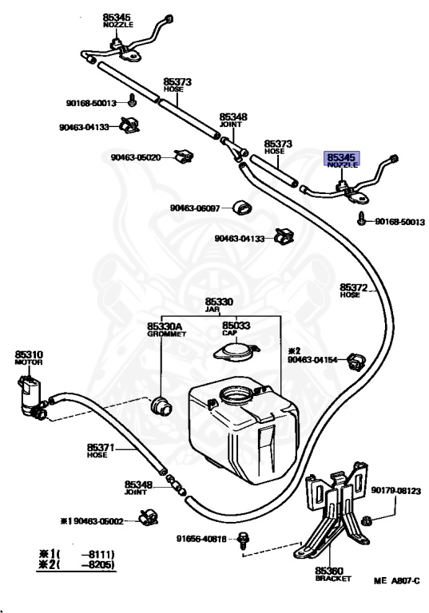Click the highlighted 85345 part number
(x=340, y=157)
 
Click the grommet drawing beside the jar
(x=161, y=405)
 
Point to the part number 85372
(x=353, y=287)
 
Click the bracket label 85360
(x=329, y=571)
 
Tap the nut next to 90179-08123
(x=367, y=520)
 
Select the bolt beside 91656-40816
(x=244, y=540)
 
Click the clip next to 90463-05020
(x=184, y=156)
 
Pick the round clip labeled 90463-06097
(x=242, y=208)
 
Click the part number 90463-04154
(x=312, y=360)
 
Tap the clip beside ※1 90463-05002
(x=148, y=517)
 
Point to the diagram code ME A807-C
(x=396, y=581)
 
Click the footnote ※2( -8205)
(x=77, y=564)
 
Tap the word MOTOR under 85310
(x=29, y=362)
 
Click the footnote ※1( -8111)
(x=77, y=554)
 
